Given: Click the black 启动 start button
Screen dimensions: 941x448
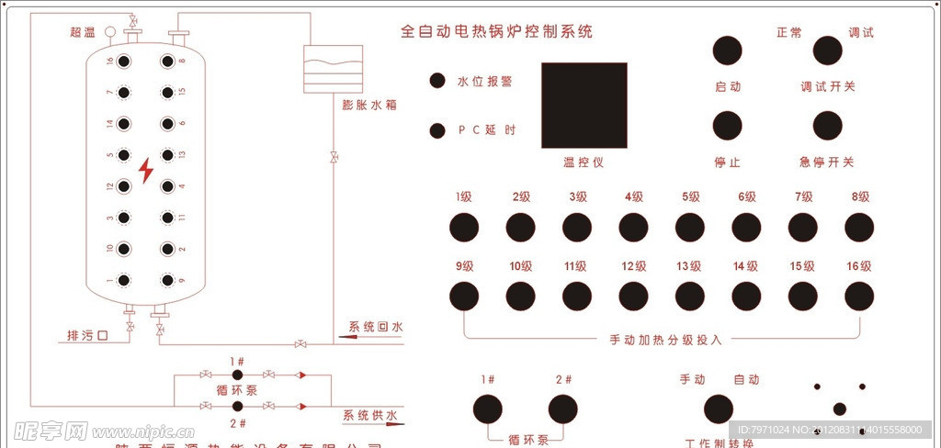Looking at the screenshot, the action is coord(728,51).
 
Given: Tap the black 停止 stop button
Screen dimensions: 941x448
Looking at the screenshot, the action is coord(728,126).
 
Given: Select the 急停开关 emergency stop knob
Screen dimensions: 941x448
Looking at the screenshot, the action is coord(827,126).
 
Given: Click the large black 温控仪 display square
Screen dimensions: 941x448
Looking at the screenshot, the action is coord(584,106).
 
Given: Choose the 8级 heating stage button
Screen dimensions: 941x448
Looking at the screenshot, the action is coord(859,226).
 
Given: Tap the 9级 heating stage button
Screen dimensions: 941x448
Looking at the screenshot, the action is coord(463,296).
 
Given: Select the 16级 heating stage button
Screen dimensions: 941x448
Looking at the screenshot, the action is coord(859,296).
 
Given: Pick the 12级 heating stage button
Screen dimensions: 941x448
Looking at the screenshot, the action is coord(633,296).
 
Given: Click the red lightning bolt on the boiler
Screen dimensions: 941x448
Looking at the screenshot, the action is coord(146,171).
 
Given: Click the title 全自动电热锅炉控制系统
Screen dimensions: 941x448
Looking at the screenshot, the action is coord(496,31).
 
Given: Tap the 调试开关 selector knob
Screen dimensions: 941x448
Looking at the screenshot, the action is coord(827,51).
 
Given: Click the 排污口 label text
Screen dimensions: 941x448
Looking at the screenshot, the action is coord(88,335).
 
